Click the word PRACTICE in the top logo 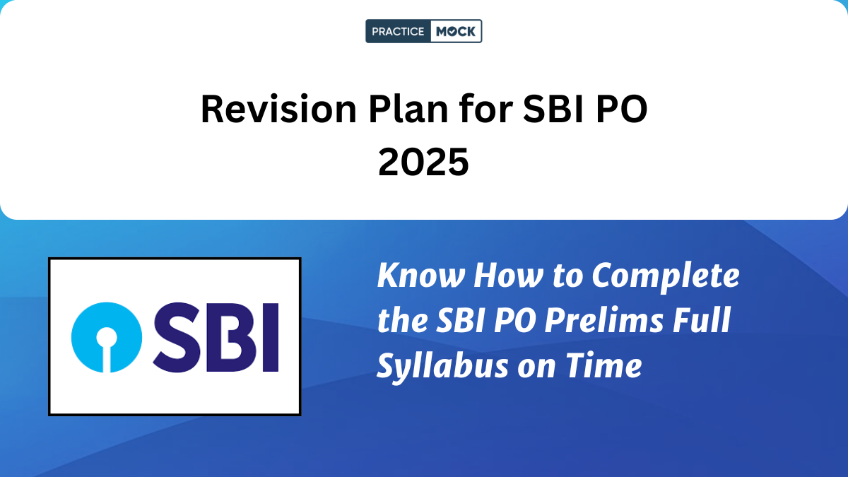398,31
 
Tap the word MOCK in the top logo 456,31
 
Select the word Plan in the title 408,109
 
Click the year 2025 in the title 423,162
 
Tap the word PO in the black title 622,110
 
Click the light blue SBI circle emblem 107,337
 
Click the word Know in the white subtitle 421,275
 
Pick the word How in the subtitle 509,275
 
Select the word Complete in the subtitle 666,277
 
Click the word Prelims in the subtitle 603,320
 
